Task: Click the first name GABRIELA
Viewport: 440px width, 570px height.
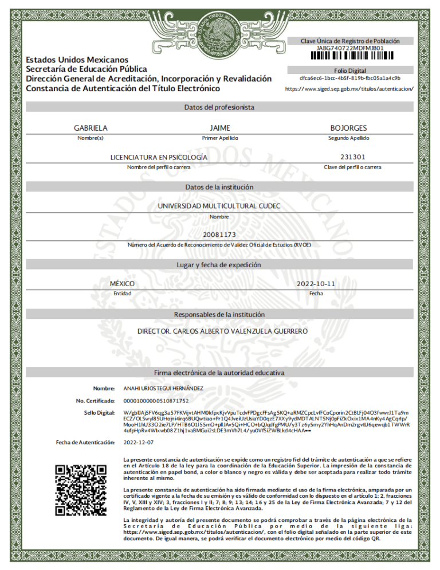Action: (91, 128)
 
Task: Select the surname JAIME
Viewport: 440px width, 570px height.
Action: (220, 128)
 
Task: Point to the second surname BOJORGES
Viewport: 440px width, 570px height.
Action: (348, 128)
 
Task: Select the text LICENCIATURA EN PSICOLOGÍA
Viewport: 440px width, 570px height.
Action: (159, 157)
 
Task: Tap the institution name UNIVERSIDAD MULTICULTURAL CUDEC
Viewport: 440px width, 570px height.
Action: (219, 206)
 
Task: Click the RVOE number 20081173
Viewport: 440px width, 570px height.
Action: (219, 235)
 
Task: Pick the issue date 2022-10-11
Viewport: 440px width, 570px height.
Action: (316, 284)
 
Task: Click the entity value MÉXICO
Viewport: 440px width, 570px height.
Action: (122, 284)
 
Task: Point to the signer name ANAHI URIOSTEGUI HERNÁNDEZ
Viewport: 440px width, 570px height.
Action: (163, 389)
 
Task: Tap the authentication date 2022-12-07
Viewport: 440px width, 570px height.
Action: (139, 442)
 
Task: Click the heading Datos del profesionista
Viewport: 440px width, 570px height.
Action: (219, 107)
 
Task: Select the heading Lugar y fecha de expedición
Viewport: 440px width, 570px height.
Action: (219, 265)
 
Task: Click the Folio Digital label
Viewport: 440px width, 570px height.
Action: (350, 70)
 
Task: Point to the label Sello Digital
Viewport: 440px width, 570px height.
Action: (100, 413)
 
